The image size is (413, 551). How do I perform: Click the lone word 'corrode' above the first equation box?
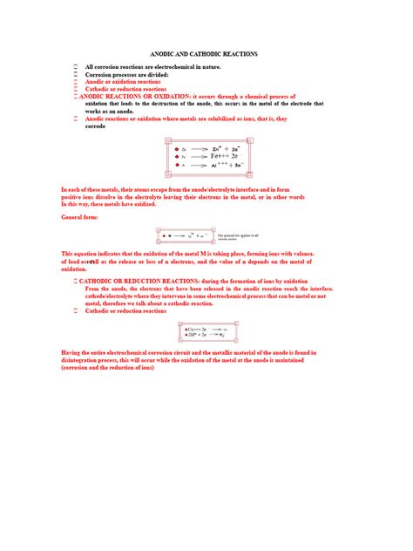coord(95,126)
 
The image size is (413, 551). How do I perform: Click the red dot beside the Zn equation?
coord(176,149)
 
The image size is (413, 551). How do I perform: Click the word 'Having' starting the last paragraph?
coord(71,351)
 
